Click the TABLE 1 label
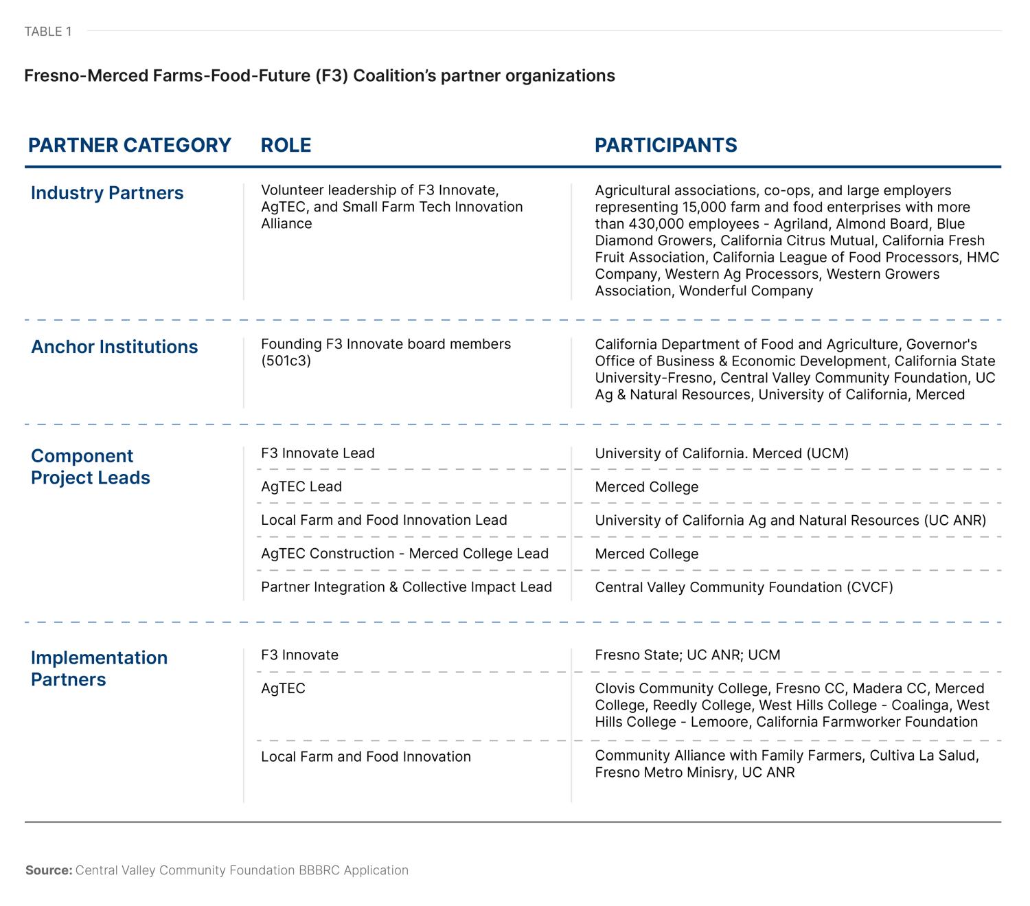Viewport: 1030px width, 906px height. point(48,32)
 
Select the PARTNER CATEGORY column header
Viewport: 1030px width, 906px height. point(130,146)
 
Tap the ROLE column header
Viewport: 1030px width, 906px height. point(286,146)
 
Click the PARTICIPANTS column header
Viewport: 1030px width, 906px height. point(665,146)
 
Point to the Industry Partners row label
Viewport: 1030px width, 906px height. point(107,193)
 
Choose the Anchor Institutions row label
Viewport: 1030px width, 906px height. point(114,347)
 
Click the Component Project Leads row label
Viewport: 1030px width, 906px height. point(90,467)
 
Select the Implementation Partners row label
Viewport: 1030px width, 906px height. point(99,668)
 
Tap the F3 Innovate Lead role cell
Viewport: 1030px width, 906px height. point(317,453)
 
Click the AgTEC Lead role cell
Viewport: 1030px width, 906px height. point(301,487)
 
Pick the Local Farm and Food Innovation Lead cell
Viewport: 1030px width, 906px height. point(384,520)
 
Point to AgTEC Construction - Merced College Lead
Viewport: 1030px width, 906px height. point(404,554)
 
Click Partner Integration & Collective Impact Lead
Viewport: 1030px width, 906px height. point(406,587)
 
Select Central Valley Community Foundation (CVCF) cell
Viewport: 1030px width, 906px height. point(744,587)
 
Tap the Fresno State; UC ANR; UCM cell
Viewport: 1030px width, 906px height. point(687,655)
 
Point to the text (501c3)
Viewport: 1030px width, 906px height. point(286,361)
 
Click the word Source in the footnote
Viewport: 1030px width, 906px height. point(48,870)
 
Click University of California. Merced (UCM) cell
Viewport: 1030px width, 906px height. point(722,453)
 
